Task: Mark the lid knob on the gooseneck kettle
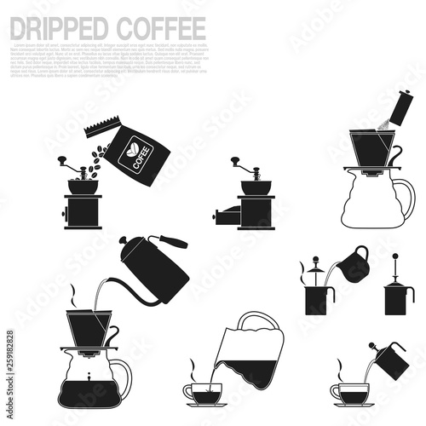(124, 241)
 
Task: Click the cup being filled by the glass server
(204, 393)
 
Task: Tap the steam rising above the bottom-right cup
(342, 368)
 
